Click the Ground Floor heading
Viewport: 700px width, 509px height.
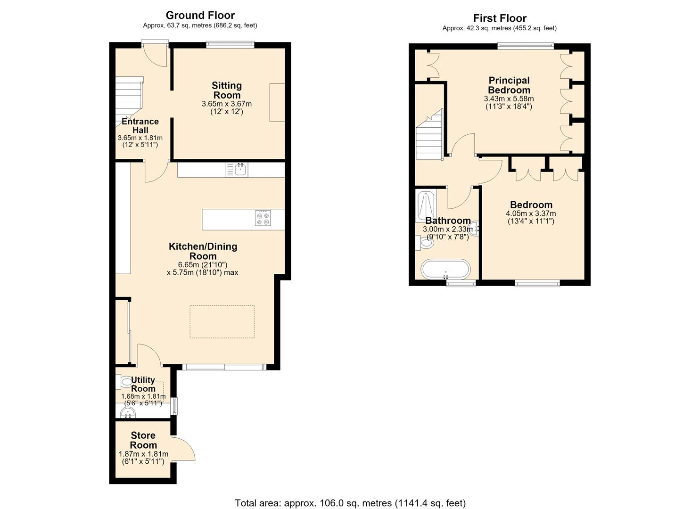point(200,15)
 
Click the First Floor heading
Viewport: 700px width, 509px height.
point(500,18)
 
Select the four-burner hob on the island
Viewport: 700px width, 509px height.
point(263,218)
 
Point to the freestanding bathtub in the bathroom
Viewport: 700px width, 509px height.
point(445,269)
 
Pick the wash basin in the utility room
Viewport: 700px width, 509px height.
point(128,413)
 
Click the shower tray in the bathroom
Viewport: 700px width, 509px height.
point(426,206)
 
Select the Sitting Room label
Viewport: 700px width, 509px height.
point(227,90)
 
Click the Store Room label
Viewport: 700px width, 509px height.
point(143,440)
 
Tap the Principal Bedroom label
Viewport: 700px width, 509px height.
point(509,85)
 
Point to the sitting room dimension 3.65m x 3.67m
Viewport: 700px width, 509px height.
point(227,104)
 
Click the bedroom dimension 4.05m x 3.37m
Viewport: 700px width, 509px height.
point(531,213)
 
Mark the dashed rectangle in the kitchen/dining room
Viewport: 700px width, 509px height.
point(222,321)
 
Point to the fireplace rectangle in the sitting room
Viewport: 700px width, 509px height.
point(277,102)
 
